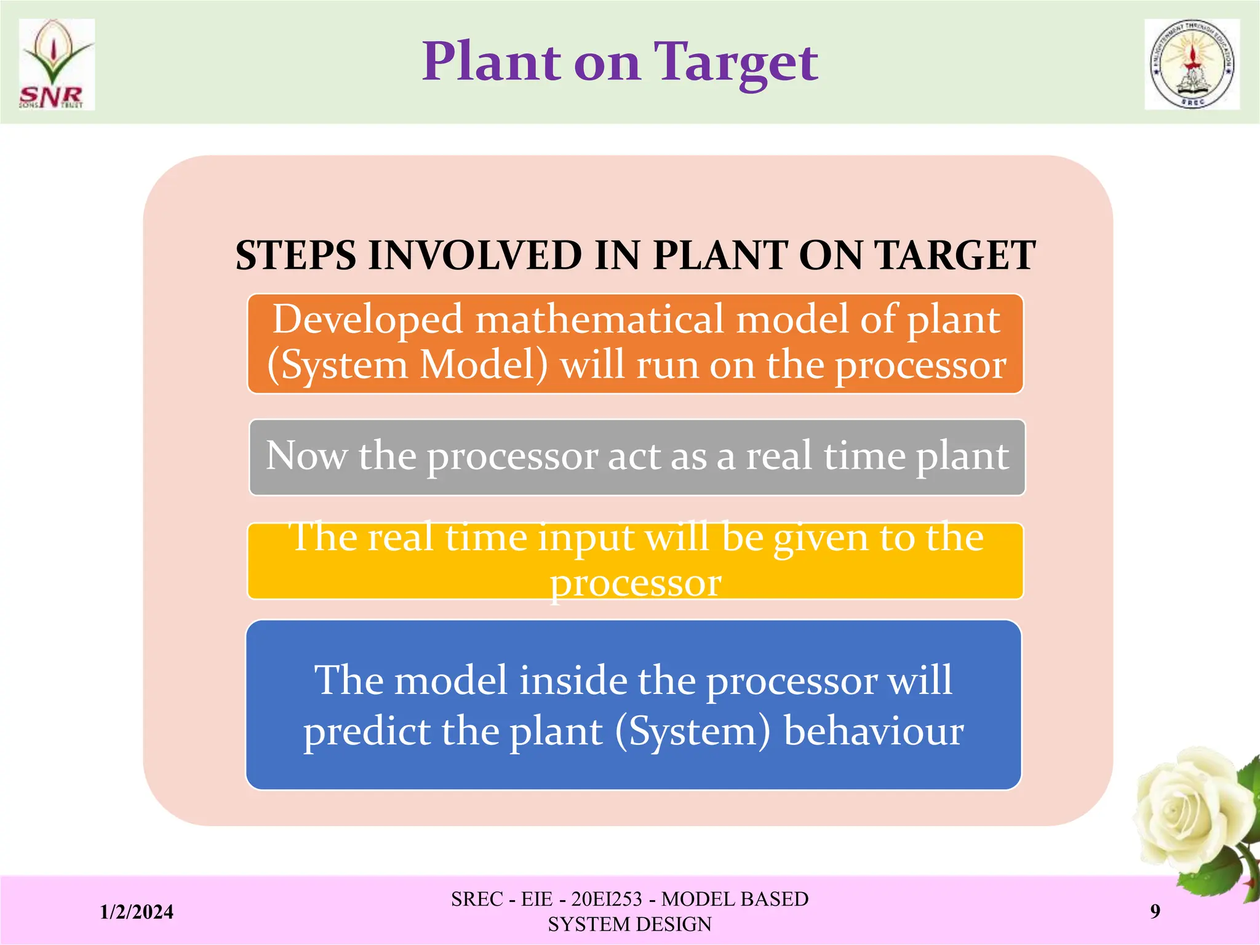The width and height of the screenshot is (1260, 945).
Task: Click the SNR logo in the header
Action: coord(57,65)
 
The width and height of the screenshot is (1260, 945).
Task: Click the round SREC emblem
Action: coord(1192,65)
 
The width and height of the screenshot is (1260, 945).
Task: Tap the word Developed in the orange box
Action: coord(367,319)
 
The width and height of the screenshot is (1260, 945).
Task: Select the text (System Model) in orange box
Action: coord(407,364)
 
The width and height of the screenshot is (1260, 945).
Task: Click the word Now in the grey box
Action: coord(306,456)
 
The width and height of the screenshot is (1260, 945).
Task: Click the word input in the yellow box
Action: coord(586,537)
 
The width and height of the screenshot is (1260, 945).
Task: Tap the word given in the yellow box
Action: coord(821,538)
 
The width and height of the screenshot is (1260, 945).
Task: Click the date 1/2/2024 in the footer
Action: coord(137,912)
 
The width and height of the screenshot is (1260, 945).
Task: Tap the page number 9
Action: coord(1155,911)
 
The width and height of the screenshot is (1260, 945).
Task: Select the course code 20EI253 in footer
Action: coord(606,899)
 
